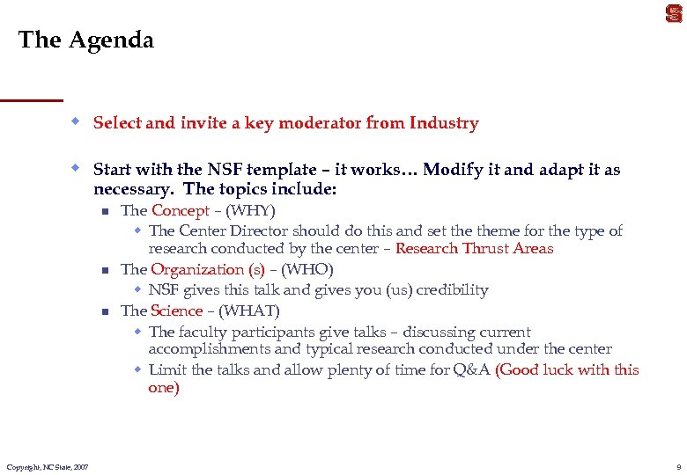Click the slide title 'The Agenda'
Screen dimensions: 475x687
tap(85, 40)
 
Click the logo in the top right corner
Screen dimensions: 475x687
tap(674, 13)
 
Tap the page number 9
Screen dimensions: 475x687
tap(678, 466)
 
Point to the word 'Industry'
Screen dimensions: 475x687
tap(444, 123)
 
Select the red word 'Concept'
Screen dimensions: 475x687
tap(181, 210)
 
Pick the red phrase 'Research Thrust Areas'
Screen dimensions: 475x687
tap(474, 248)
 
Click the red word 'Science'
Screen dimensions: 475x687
tap(176, 311)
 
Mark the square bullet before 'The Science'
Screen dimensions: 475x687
tap(104, 311)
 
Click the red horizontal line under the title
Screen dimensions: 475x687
tap(32, 99)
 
